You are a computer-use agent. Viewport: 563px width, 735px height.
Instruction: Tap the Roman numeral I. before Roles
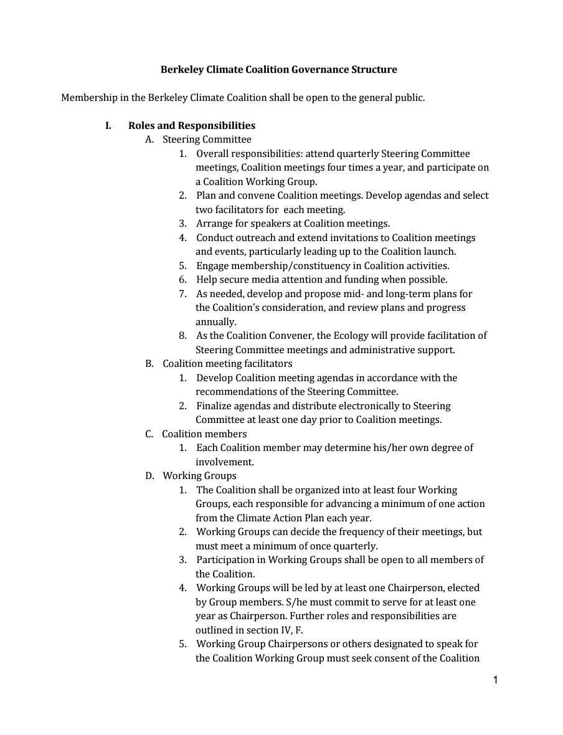click(x=108, y=126)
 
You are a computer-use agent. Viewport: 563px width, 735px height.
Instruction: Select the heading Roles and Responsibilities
click(x=192, y=126)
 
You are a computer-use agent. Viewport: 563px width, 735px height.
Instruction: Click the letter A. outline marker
click(x=149, y=140)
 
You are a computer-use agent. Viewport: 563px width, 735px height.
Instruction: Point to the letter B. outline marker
click(x=149, y=364)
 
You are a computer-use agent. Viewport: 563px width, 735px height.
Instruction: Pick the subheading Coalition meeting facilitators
click(x=227, y=364)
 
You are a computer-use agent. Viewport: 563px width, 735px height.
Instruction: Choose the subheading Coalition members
click(x=204, y=434)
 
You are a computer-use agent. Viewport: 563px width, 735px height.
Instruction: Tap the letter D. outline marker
click(x=149, y=476)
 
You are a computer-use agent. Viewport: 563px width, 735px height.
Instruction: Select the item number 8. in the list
click(x=183, y=336)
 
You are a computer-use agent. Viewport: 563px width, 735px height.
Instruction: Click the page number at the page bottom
click(x=495, y=680)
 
